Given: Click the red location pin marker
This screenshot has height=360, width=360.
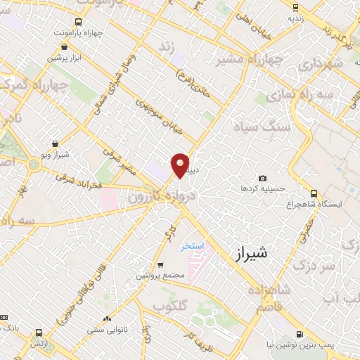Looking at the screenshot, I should pos(180,165).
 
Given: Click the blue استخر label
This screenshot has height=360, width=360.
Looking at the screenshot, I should pos(192,247).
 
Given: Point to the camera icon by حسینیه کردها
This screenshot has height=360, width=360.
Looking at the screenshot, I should pos(262,179).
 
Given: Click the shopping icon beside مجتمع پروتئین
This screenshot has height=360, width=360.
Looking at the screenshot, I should pos(160,266).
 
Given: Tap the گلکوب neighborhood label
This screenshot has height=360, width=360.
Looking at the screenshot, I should pos(169,307).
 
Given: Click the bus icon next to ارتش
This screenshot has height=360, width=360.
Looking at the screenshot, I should pos(37,333).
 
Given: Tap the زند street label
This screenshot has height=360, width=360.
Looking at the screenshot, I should pos(167,48).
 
